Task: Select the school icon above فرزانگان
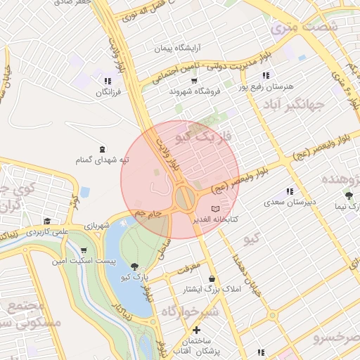point(108,80)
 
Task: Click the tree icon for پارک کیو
point(134,266)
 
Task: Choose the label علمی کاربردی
point(48,231)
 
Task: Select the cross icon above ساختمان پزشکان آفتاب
point(196,330)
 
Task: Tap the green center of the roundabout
point(184,198)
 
